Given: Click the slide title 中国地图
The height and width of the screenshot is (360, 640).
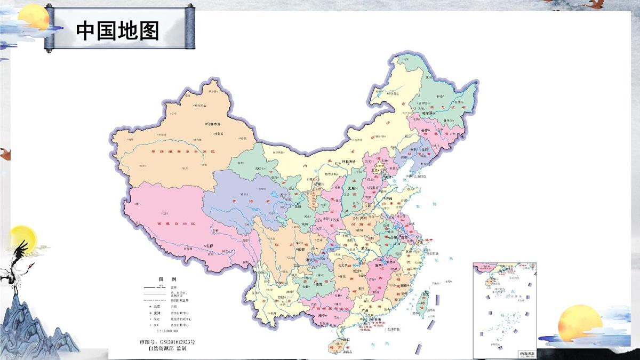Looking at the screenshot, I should point(117,30).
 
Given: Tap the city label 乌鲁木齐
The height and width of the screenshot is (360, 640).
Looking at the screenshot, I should point(217,123).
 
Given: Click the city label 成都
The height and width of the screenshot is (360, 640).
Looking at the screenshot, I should point(301,249).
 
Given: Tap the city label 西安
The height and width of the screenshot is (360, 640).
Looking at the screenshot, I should point(336,220).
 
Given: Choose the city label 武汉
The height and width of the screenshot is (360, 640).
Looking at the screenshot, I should point(365,248).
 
